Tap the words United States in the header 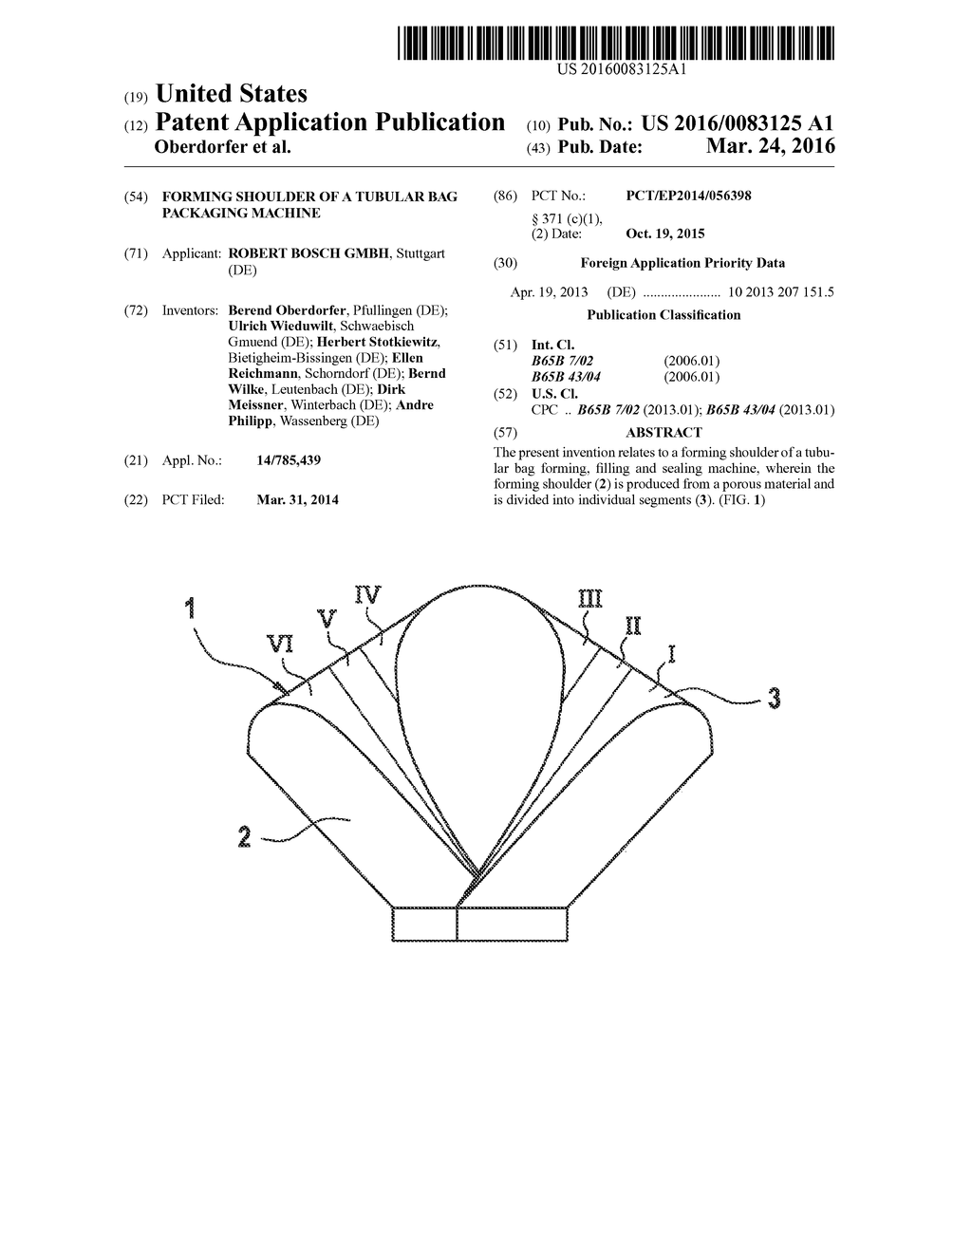pos(231,94)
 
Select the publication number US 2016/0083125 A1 pos(738,122)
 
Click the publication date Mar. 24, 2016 pos(771,146)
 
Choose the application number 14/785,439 pos(289,460)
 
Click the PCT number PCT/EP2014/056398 pos(688,196)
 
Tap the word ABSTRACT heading pos(664,433)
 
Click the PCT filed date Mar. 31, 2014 pos(297,499)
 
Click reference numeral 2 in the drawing pos(245,836)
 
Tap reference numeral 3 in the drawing pos(775,699)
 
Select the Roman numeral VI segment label pos(280,645)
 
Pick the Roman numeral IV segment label pos(367,595)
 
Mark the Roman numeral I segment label pos(672,652)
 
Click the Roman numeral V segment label pos(327,618)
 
